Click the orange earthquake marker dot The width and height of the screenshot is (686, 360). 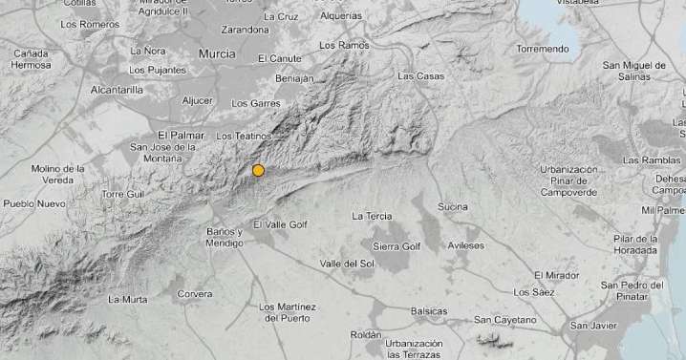tap(258, 171)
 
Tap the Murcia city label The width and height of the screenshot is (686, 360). tap(217, 54)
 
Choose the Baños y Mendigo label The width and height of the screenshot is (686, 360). tap(225, 238)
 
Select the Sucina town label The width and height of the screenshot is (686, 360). tap(453, 206)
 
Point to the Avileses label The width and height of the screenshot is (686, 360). tap(466, 245)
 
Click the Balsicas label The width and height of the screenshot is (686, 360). tap(428, 311)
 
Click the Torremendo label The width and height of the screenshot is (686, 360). tap(542, 49)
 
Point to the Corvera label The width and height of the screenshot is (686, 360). tap(195, 294)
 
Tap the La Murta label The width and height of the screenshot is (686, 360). tap(127, 300)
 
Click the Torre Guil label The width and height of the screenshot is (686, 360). tap(121, 194)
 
